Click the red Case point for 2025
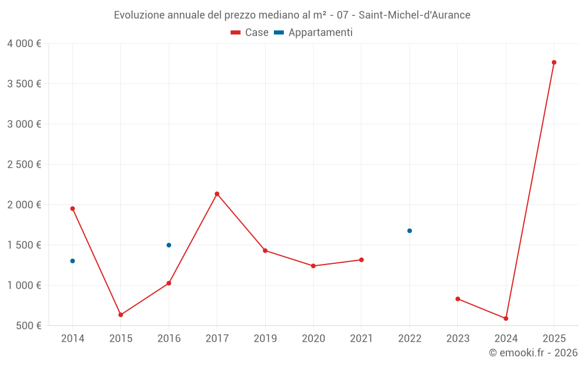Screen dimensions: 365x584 (554, 62)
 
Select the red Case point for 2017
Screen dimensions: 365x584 (217, 194)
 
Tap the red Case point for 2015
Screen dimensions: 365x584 (121, 315)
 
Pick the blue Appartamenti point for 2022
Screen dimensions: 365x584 (409, 231)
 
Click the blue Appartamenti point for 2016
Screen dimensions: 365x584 (169, 245)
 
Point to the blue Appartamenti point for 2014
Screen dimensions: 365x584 (72, 261)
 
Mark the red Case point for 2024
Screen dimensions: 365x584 (506, 318)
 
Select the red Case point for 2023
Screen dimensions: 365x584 (458, 299)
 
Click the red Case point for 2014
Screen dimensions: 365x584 (72, 208)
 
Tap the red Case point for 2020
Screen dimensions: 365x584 (313, 266)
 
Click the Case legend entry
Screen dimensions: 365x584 (250, 33)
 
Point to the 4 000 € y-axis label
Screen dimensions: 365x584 (25, 44)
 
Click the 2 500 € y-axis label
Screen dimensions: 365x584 (25, 165)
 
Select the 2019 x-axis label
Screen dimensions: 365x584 (265, 339)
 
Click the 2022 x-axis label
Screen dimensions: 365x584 (409, 339)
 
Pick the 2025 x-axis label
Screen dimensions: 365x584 (554, 339)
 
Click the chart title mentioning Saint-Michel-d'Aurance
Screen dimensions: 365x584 (292, 15)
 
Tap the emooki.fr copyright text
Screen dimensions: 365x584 (533, 353)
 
